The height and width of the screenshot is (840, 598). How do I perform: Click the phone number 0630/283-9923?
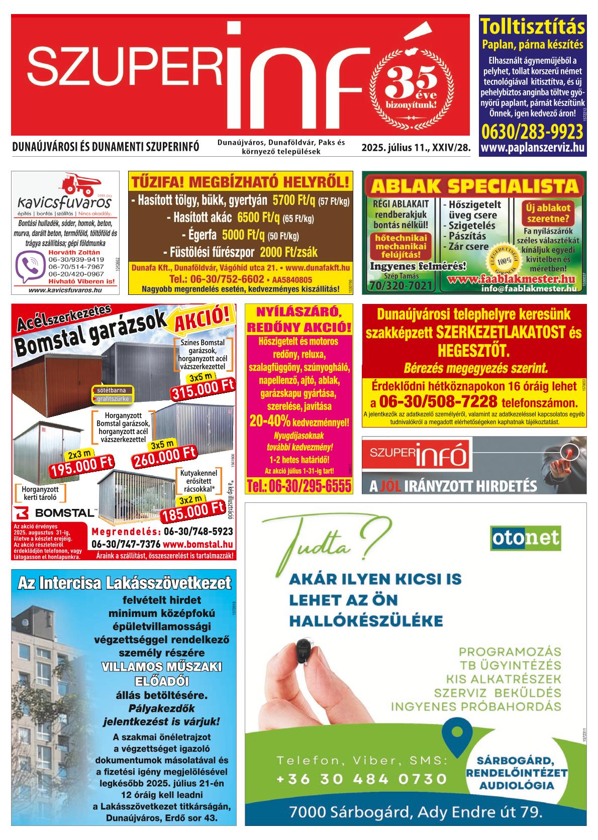[x=532, y=132]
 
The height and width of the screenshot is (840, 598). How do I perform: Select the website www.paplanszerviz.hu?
[x=532, y=148]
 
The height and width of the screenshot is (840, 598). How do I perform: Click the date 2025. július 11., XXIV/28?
[x=415, y=148]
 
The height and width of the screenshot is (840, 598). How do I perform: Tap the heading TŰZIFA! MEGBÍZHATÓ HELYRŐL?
[x=240, y=181]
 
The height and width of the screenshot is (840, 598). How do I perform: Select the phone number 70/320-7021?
[x=401, y=286]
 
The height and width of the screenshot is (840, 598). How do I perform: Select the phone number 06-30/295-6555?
[x=298, y=486]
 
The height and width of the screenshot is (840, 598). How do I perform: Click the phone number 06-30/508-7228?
[x=438, y=402]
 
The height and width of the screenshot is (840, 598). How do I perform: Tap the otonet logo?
[x=526, y=538]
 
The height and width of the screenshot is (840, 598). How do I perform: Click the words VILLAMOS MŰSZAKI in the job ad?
[x=162, y=668]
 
